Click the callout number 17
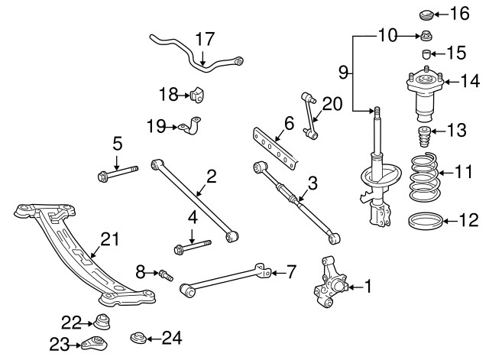pos(204,39)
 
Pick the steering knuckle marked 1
pos(330,285)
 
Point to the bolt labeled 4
pos(192,246)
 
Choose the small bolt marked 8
pos(166,273)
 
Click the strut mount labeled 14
pos(419,94)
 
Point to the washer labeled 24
pos(139,336)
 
